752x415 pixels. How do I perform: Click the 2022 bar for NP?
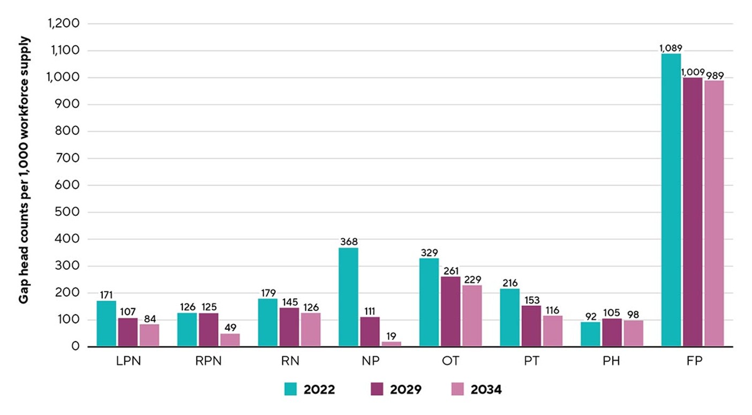[348, 297]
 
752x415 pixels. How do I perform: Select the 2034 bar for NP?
[391, 344]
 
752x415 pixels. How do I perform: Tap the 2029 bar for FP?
[692, 212]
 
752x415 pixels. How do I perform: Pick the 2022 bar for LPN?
[107, 323]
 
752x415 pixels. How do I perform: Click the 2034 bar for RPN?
[230, 340]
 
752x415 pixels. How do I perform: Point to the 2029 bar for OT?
[450, 312]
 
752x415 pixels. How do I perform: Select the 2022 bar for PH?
[590, 335]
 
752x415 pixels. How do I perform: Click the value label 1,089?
[671, 48]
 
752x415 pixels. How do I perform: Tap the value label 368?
[349, 242]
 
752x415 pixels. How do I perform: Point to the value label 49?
[230, 327]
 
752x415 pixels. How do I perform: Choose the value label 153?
[531, 300]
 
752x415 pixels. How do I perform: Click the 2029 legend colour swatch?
[377, 389]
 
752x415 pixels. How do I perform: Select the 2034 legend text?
[486, 389]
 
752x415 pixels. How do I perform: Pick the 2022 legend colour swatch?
[290, 389]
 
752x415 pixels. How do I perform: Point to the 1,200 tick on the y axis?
[63, 24]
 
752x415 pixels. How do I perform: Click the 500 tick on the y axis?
[67, 212]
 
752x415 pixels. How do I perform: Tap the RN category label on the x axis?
[290, 361]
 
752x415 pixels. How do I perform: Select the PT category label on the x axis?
[531, 361]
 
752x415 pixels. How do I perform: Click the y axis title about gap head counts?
[24, 170]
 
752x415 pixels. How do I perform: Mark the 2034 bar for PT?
[553, 331]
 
